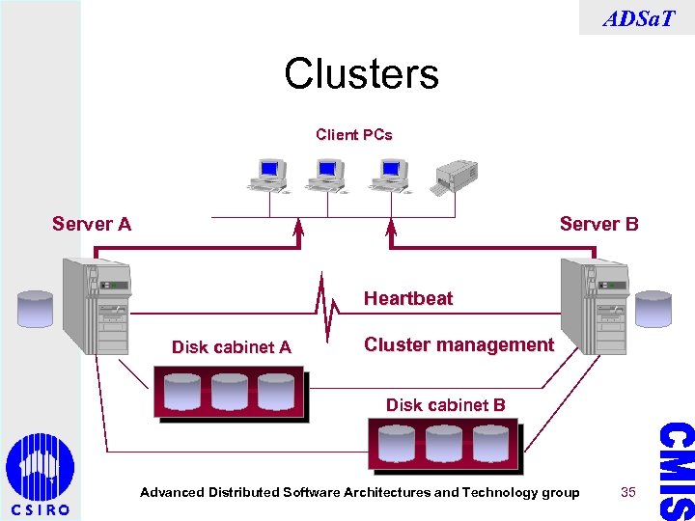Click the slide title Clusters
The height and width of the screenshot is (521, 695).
pyautogui.click(x=361, y=73)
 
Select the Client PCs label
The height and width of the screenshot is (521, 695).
pyautogui.click(x=354, y=135)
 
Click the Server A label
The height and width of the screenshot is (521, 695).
pyautogui.click(x=92, y=225)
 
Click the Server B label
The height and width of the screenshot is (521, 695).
pyautogui.click(x=598, y=225)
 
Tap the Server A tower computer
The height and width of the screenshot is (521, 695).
pyautogui.click(x=96, y=306)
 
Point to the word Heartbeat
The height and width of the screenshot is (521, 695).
pyautogui.click(x=407, y=299)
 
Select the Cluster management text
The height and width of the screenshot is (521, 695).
pyautogui.click(x=459, y=345)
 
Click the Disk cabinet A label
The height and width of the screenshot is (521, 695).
pyautogui.click(x=231, y=347)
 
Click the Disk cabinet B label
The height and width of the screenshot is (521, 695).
pyautogui.click(x=445, y=405)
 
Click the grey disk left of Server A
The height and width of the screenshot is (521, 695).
pyautogui.click(x=36, y=309)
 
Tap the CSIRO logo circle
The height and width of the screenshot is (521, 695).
pyautogui.click(x=40, y=467)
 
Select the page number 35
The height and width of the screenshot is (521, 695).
pyautogui.click(x=628, y=493)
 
